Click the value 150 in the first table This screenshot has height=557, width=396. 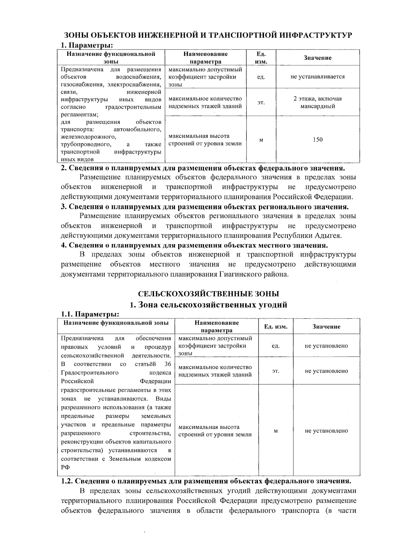[x=317, y=140]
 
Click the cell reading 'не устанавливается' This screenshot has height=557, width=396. [x=317, y=77]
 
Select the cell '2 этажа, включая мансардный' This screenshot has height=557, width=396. [x=317, y=102]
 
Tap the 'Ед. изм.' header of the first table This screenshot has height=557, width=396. [x=261, y=58]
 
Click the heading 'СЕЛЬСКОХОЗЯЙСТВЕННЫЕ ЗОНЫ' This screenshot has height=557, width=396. [x=208, y=294]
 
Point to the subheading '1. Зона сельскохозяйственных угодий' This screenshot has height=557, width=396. [x=208, y=305]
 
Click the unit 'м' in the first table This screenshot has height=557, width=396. [x=261, y=140]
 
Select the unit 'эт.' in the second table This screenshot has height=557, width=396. [x=276, y=371]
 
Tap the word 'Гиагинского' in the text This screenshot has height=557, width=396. [x=241, y=274]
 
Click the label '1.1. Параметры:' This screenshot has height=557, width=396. [x=90, y=314]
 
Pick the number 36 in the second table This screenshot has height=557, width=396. [x=167, y=364]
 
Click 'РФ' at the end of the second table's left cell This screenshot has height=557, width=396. [x=65, y=467]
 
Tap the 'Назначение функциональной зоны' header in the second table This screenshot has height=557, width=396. [x=116, y=323]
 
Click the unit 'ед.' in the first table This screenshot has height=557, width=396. [x=261, y=77]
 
